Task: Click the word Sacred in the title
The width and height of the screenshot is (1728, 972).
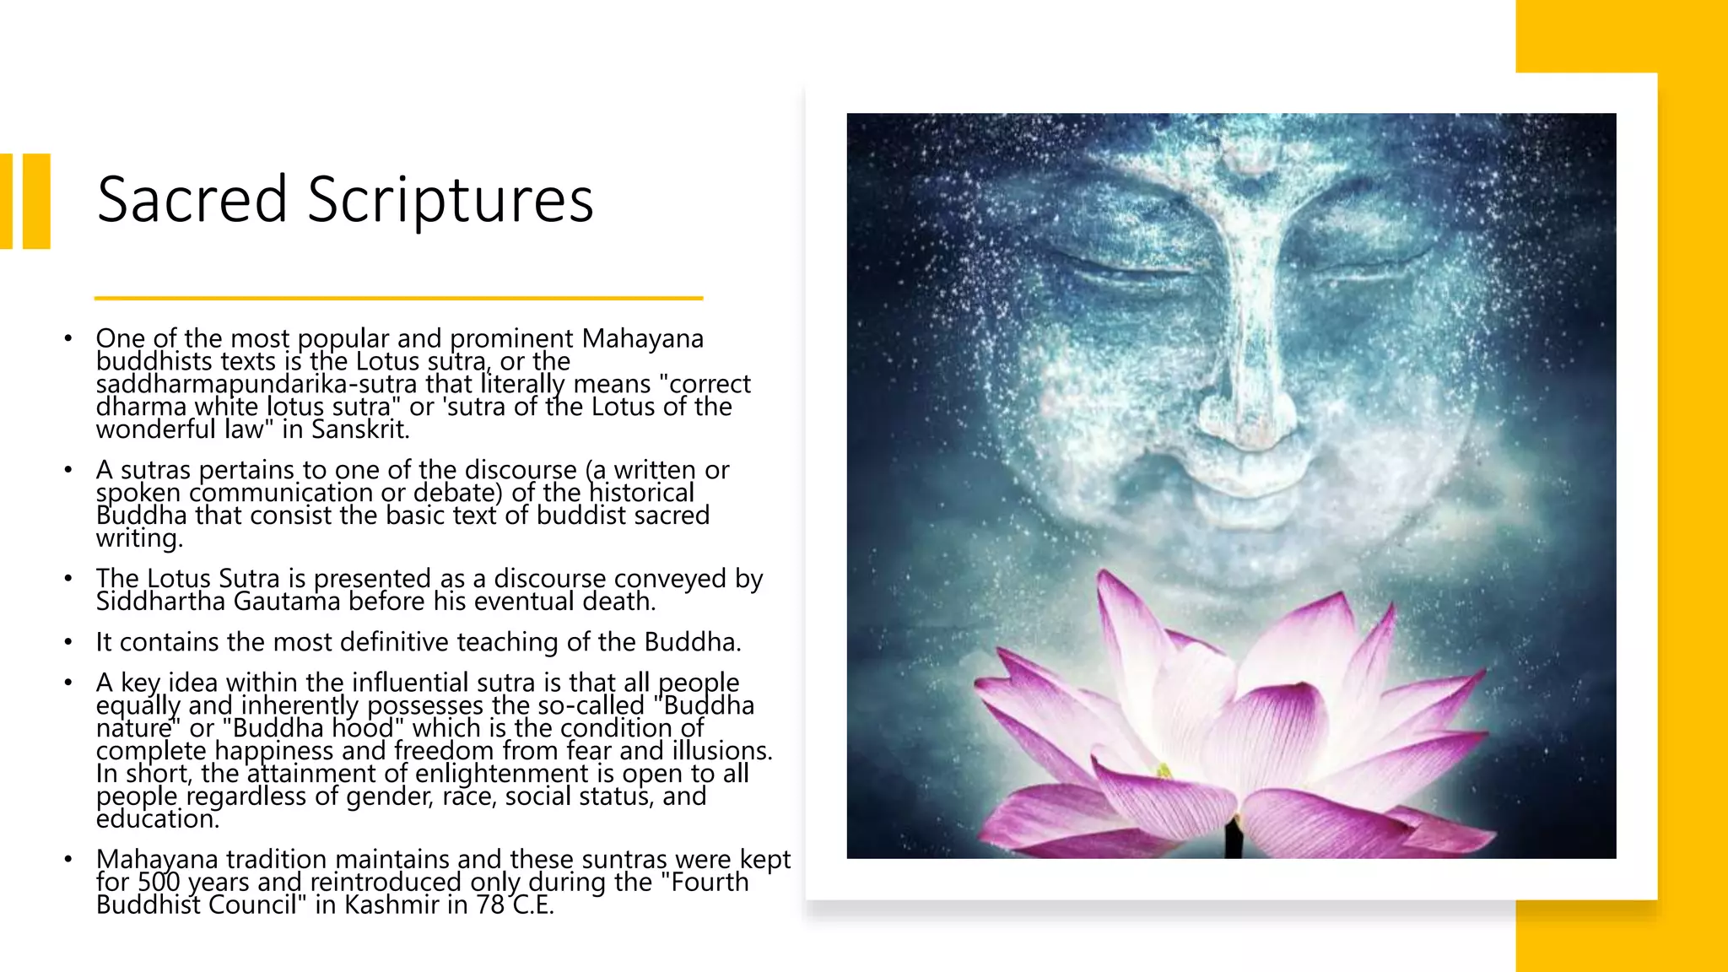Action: point(192,199)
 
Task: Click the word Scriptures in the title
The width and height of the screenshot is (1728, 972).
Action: point(451,201)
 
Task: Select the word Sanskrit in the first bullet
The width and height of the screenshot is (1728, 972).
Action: point(359,429)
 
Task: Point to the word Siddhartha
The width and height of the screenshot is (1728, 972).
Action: point(160,602)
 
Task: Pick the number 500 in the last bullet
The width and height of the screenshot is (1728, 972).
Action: point(158,883)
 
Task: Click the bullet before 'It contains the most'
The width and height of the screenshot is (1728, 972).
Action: point(68,643)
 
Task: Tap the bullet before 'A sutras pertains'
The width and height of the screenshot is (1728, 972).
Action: point(68,470)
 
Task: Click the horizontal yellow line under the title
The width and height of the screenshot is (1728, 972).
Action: point(398,298)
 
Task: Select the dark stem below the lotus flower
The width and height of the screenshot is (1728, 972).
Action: point(1234,840)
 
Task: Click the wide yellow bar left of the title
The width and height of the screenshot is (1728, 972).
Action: point(37,201)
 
